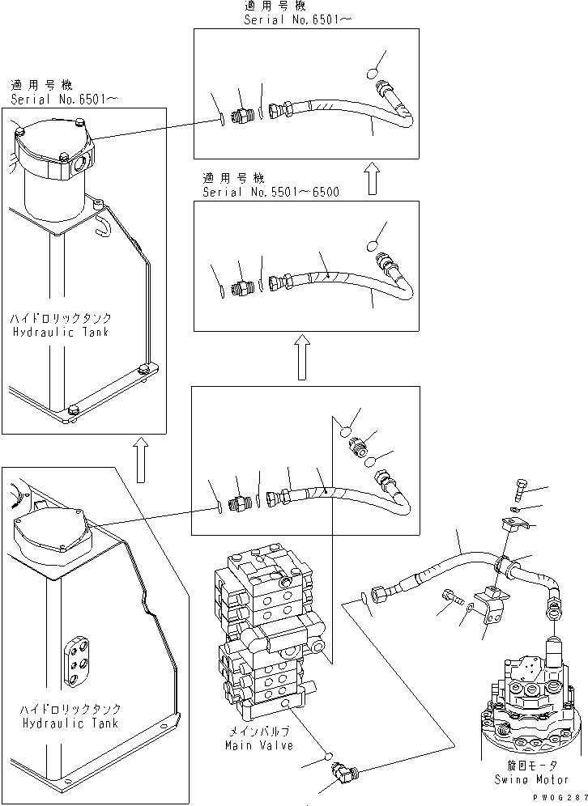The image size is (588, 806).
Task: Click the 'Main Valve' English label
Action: point(260,745)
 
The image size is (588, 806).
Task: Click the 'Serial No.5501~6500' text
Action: point(271,192)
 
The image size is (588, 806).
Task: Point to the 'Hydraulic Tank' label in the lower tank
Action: point(70,723)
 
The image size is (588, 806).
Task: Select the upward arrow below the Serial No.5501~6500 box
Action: point(301,358)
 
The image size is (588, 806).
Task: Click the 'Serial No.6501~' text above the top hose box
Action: point(298,19)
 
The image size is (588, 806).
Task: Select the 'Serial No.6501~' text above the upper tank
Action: point(66,98)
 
